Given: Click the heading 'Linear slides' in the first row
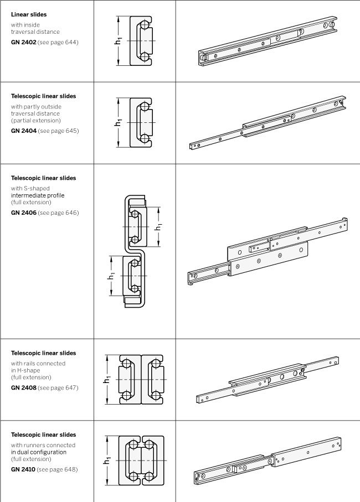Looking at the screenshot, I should (29, 14).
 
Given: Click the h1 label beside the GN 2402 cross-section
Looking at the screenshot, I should (118, 42).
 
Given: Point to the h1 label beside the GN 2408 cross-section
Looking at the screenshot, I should (107, 379).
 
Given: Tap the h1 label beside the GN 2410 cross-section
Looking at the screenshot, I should (107, 460).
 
